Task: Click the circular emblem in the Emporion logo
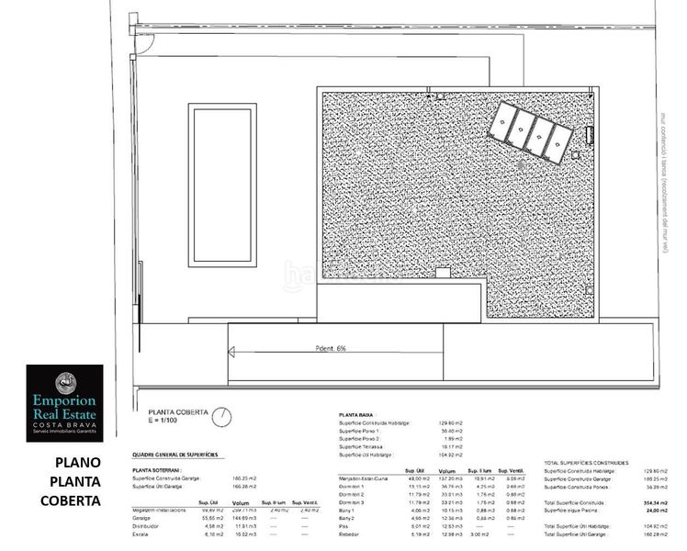click(64, 379)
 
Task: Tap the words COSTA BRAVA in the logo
click(64, 425)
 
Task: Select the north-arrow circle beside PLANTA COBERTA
click(220, 418)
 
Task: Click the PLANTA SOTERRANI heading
click(157, 469)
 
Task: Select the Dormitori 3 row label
click(352, 502)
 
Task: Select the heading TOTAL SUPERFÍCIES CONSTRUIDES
click(586, 463)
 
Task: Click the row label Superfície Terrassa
click(361, 446)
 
